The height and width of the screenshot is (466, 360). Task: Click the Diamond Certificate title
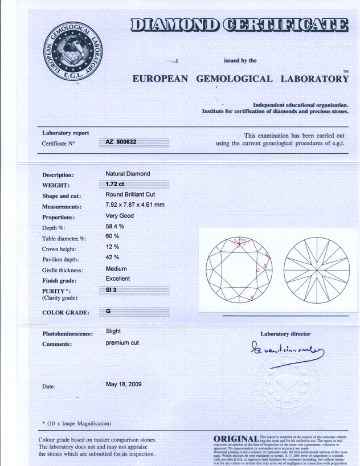(x=239, y=25)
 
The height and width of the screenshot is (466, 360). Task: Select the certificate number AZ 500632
(x=121, y=143)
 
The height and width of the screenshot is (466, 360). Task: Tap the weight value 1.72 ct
(x=115, y=184)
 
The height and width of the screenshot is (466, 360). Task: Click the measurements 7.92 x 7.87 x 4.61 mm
(x=136, y=205)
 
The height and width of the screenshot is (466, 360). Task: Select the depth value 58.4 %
(x=115, y=227)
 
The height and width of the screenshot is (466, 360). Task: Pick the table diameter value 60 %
(x=112, y=236)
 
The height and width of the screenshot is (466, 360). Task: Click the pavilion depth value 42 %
(x=112, y=257)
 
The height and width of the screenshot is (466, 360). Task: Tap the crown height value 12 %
(x=112, y=247)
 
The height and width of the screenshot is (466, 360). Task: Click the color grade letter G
(x=108, y=312)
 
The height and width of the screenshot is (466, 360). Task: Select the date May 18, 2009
(x=124, y=385)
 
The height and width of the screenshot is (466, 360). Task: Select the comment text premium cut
(x=122, y=344)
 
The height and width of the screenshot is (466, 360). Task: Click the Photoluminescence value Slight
(x=113, y=331)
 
